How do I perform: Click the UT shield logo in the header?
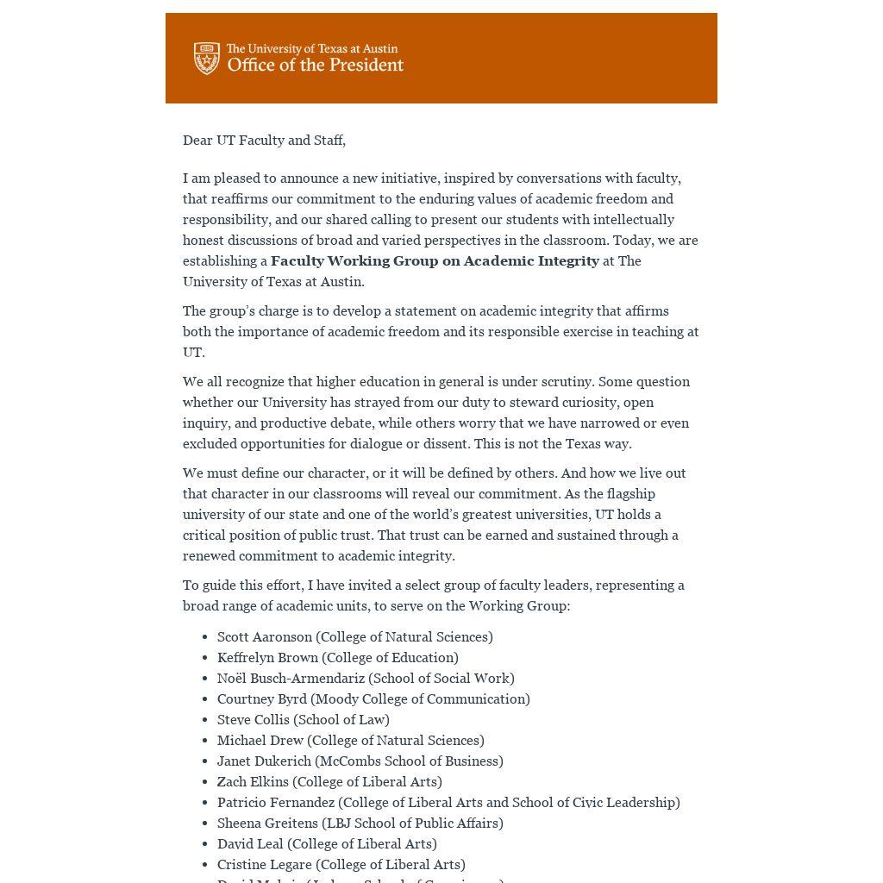(207, 59)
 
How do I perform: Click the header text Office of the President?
(315, 66)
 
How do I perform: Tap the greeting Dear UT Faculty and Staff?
(264, 141)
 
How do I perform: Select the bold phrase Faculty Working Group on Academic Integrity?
(435, 261)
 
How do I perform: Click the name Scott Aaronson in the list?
(265, 637)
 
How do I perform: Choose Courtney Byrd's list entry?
(262, 699)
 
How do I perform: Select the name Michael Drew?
(260, 741)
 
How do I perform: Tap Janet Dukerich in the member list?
(264, 761)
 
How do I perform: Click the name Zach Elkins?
(253, 782)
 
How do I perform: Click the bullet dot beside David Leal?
(204, 844)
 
